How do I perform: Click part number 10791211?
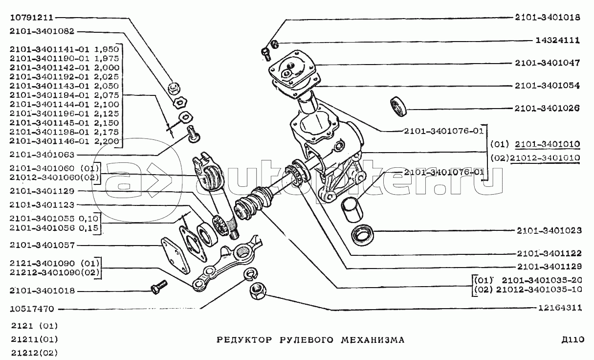point(32,18)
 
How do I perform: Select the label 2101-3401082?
point(42,31)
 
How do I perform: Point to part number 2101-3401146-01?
point(49,141)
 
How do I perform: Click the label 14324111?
point(557,40)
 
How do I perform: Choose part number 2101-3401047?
point(548,63)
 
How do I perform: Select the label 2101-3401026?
point(547,108)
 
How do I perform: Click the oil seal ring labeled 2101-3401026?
point(398,106)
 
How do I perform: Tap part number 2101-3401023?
point(549,230)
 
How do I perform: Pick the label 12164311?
point(560,308)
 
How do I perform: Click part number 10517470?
point(32,309)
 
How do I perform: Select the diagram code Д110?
point(573,339)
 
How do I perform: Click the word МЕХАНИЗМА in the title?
point(373,340)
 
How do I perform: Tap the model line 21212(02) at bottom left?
point(34,353)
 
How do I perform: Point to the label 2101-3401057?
point(42,245)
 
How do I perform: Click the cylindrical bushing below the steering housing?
point(352,209)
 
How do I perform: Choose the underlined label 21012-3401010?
point(545,158)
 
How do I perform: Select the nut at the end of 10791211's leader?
point(175,88)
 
